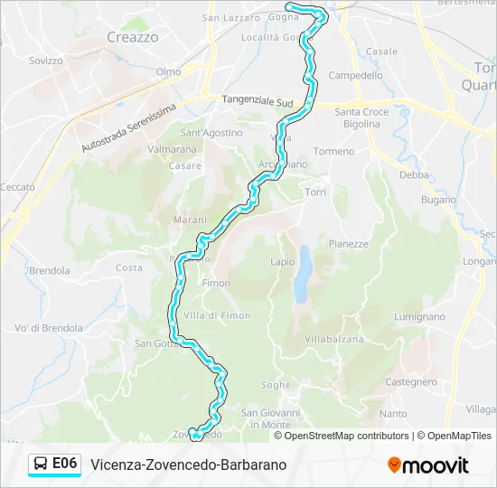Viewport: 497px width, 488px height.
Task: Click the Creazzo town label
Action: [132, 37]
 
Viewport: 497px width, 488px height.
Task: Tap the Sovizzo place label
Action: [45, 61]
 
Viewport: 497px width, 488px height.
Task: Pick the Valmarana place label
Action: [172, 149]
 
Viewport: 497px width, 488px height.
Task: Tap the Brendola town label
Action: [49, 270]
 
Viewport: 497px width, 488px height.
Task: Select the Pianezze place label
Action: [348, 243]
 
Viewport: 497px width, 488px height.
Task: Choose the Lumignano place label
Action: [420, 316]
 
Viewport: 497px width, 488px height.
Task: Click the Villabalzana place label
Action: [333, 339]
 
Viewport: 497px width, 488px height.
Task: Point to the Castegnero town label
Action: [411, 382]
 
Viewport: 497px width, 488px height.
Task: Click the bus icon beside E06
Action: [42, 465]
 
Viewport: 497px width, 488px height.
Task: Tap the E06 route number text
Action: [65, 464]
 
